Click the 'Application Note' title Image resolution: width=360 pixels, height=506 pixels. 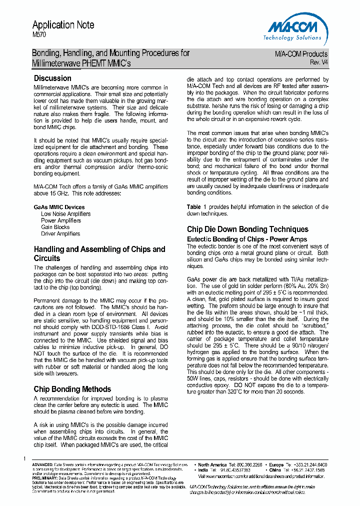click(x=63, y=25)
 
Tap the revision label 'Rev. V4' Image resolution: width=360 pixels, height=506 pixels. click(x=319, y=62)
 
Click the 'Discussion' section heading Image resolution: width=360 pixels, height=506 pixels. click(x=52, y=78)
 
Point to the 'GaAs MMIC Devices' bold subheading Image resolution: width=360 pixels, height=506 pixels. click(x=59, y=207)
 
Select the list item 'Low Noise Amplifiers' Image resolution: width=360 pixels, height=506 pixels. click(x=65, y=213)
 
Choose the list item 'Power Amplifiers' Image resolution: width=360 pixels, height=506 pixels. click(x=60, y=220)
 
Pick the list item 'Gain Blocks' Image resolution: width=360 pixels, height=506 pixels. click(x=55, y=226)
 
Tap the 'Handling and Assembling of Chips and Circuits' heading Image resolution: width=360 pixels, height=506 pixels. click(x=99, y=253)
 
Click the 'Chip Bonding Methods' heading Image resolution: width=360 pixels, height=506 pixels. click(x=72, y=388)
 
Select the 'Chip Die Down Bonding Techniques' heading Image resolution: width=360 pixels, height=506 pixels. click(x=247, y=229)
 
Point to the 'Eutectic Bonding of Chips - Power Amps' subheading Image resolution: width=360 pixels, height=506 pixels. click(x=246, y=239)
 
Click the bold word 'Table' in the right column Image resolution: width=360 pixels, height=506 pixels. click(x=193, y=207)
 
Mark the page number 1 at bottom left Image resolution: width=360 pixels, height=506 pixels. click(x=24, y=459)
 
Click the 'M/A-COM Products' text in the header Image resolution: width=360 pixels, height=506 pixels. click(x=301, y=54)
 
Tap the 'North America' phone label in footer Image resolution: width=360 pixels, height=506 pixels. click(x=212, y=464)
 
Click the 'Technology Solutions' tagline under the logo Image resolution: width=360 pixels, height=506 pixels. click(x=292, y=37)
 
